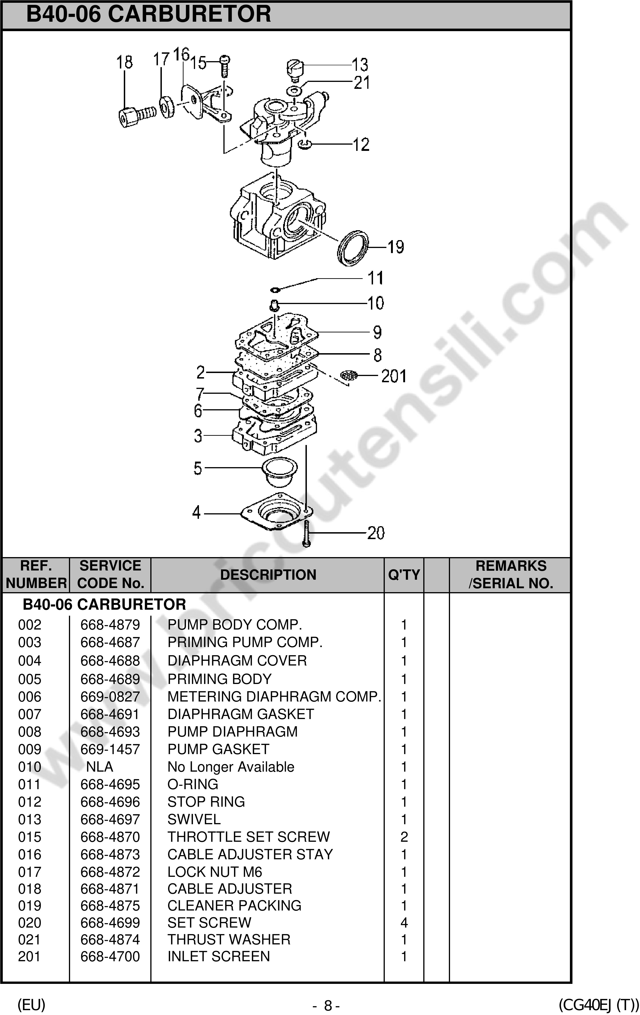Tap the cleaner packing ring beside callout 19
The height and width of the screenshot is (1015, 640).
coord(353,248)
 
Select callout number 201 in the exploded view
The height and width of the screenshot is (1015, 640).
coord(394,376)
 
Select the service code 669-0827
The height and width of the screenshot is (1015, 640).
coord(110,696)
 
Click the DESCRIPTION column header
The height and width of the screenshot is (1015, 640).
coord(268,575)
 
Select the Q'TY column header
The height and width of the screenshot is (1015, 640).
coord(404,575)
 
